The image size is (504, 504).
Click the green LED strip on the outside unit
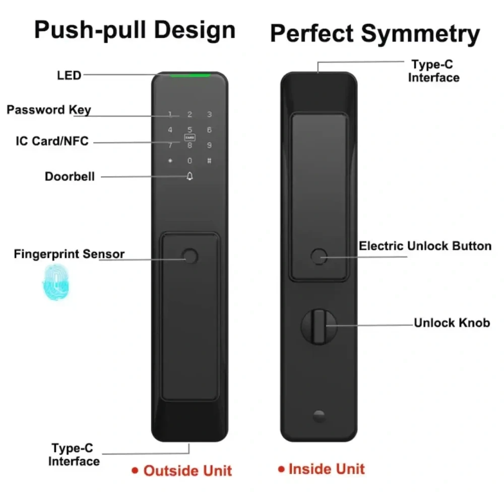click(x=190, y=76)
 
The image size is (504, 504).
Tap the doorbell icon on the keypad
click(x=190, y=176)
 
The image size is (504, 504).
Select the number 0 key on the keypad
click(x=190, y=161)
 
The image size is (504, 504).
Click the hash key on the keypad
click(x=209, y=161)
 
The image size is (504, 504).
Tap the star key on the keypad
click(x=170, y=160)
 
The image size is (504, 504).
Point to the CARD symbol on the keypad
click(x=190, y=138)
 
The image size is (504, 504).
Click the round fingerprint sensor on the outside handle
click(x=190, y=257)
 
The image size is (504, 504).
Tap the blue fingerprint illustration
click(x=56, y=282)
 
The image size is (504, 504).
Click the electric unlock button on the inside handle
click(x=319, y=257)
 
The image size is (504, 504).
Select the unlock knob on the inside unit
click(x=319, y=327)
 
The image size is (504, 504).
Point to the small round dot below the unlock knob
click(x=319, y=416)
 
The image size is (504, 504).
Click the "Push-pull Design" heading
click(x=135, y=30)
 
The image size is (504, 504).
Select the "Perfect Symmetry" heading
click(x=375, y=34)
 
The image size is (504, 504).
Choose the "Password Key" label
click(x=49, y=110)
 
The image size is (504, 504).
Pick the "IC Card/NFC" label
click(x=52, y=141)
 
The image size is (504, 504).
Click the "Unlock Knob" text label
click(x=452, y=323)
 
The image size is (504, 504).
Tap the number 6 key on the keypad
click(x=209, y=130)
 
